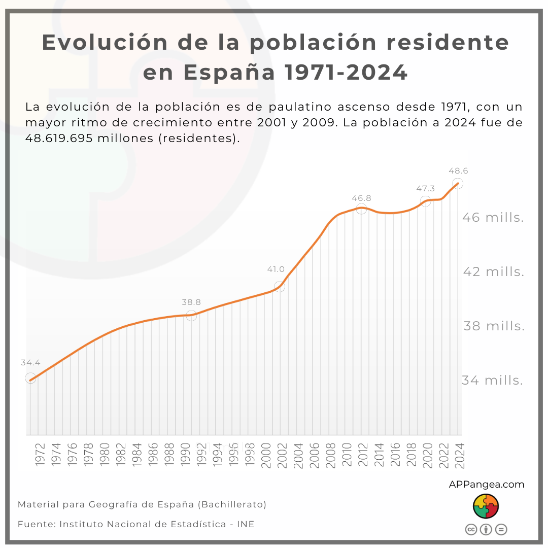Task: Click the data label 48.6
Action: click(x=458, y=172)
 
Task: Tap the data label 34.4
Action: click(x=30, y=363)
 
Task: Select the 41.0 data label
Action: click(x=276, y=269)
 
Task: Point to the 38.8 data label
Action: click(x=191, y=302)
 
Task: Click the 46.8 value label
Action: click(x=361, y=198)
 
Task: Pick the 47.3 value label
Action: click(x=426, y=189)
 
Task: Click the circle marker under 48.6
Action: click(x=458, y=184)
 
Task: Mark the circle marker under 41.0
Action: click(x=279, y=287)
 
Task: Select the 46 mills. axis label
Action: click(x=493, y=218)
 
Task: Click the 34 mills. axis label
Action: click(x=492, y=380)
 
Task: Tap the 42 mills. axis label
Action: click(x=494, y=272)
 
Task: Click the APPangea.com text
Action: click(x=486, y=485)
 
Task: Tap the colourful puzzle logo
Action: click(x=486, y=506)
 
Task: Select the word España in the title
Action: click(x=229, y=73)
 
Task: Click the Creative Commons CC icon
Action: click(x=471, y=529)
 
